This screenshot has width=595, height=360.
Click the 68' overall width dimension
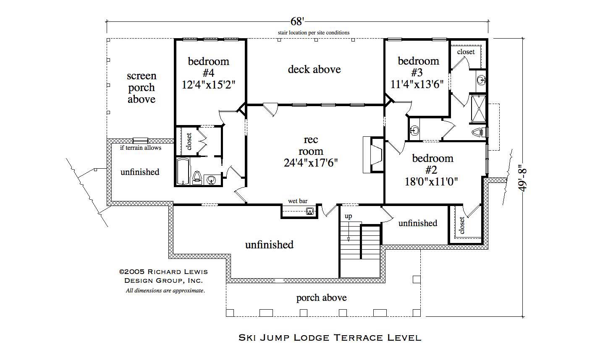pos(297,21)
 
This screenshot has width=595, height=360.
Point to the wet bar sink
pos(310,211)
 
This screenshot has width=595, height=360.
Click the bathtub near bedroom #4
pos(183,171)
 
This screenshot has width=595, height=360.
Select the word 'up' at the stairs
pos(348,216)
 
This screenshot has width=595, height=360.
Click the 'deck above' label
pos(314,69)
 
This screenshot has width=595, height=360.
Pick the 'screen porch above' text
pos(142,88)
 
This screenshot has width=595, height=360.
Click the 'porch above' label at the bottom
pos(321,298)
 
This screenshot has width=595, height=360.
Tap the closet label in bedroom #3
pos(466,52)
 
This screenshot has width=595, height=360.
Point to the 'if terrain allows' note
pos(141,148)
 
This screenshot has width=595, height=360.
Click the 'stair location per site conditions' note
pos(313,32)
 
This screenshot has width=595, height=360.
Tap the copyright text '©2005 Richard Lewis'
pos(163,272)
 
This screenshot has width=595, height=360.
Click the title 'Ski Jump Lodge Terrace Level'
pos(330,337)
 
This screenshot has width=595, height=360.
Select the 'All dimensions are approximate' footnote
pos(165,290)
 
